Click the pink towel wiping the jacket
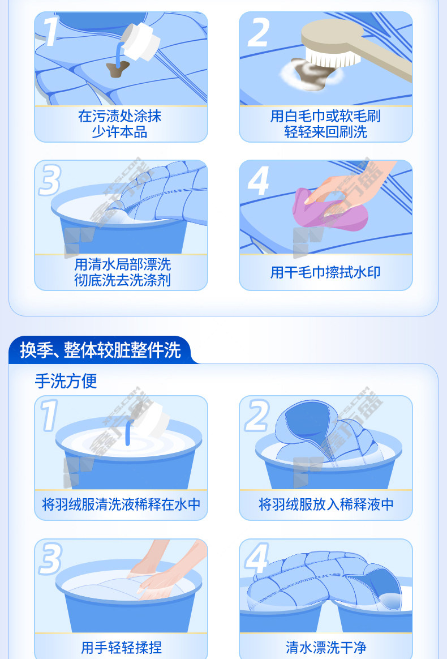point(330,209)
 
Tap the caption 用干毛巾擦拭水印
point(325,272)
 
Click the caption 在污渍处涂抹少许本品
point(120,124)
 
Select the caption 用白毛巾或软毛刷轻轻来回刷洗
point(325,124)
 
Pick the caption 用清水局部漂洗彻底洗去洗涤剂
point(122,272)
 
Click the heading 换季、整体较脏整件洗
point(100,350)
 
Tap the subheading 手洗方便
point(66,381)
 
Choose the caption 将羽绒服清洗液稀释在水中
point(121,504)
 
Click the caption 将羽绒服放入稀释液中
point(326,504)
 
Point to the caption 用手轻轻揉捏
point(121,647)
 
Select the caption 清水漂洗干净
point(326,647)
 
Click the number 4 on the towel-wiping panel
point(259,181)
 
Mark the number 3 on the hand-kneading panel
point(50,559)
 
